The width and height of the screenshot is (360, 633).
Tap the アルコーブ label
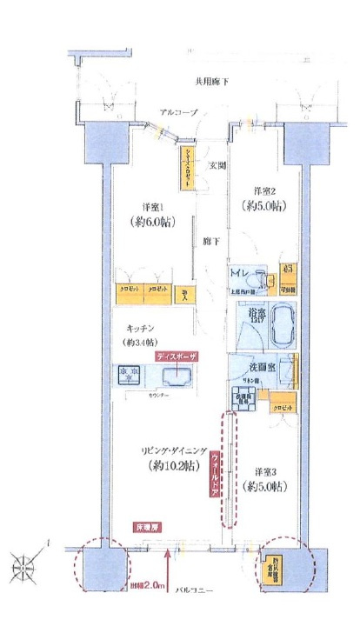click(x=179, y=113)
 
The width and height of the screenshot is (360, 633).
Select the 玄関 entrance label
click(x=216, y=165)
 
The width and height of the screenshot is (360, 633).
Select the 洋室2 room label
click(x=265, y=190)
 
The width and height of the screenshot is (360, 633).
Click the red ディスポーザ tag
click(x=177, y=356)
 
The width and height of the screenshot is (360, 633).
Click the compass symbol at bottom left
click(x=25, y=566)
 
